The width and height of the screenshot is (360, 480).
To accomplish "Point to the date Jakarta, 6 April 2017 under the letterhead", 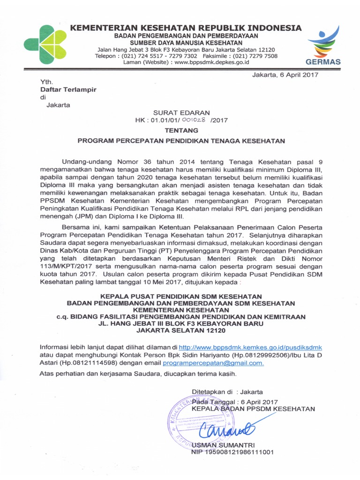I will pyautogui.click(x=285, y=75).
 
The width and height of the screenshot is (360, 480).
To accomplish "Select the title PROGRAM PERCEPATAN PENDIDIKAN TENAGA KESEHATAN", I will pyautogui.click(x=181, y=140).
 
